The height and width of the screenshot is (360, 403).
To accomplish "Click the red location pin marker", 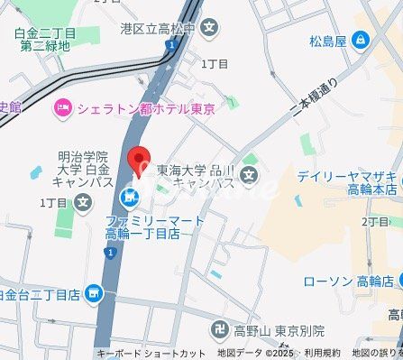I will pyautogui.click(x=138, y=160).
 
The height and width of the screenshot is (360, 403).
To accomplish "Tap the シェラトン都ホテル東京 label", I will pyautogui.click(x=145, y=109).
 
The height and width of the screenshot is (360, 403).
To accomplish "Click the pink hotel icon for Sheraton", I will pyautogui.click(x=62, y=109).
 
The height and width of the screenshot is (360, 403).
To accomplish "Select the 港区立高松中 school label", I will pyautogui.click(x=158, y=29).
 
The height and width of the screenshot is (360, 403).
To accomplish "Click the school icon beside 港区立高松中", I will pyautogui.click(x=209, y=29).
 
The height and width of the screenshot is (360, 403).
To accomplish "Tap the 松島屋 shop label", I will pyautogui.click(x=329, y=40).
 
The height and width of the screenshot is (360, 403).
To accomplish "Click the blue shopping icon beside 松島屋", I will pyautogui.click(x=362, y=40).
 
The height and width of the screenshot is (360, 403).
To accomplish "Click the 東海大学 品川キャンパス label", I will pyautogui.click(x=195, y=175).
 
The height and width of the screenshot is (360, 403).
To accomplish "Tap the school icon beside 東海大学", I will pyautogui.click(x=250, y=174).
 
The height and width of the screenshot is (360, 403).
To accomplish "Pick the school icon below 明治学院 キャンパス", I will pyautogui.click(x=83, y=201).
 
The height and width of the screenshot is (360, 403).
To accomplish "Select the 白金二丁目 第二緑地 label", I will pyautogui.click(x=45, y=40).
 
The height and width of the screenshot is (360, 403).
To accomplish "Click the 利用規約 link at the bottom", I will pyautogui.click(x=322, y=353).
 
